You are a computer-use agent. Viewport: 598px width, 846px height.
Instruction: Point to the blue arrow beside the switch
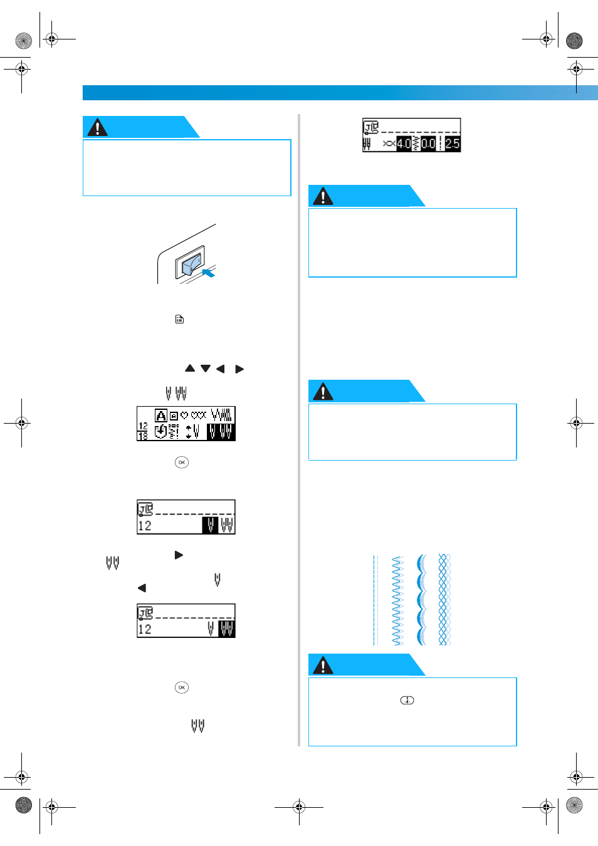tap(209, 273)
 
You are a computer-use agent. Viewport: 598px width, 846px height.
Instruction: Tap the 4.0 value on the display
tap(404, 144)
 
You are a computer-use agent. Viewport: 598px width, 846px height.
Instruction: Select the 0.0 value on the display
tap(428, 144)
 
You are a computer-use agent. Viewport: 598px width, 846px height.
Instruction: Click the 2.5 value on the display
tap(452, 144)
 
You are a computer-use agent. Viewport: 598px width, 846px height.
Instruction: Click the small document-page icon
tap(179, 319)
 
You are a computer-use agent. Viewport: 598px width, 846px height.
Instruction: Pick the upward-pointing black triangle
tap(190, 368)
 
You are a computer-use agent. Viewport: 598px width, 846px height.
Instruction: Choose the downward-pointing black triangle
tap(206, 368)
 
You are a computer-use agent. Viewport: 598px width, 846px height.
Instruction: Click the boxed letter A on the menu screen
tap(161, 415)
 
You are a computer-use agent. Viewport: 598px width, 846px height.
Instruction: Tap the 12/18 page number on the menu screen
tap(143, 431)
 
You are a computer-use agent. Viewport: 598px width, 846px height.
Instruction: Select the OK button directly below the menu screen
tap(182, 462)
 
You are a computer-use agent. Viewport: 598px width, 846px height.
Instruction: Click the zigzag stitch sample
tap(398, 600)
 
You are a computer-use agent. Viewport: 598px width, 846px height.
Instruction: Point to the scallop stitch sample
tap(422, 600)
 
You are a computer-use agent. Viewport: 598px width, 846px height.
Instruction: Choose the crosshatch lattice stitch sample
tap(444, 600)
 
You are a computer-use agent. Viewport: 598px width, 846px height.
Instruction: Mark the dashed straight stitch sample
tap(375, 600)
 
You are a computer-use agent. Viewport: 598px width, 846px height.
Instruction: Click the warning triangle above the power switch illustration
tap(97, 127)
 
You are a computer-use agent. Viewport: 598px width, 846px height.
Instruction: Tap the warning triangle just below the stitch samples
tap(323, 666)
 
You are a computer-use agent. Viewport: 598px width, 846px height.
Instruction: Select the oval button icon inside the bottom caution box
tap(407, 701)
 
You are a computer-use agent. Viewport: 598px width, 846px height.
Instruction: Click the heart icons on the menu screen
tap(194, 415)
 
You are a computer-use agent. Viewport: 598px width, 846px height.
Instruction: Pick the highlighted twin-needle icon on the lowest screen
tap(227, 629)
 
